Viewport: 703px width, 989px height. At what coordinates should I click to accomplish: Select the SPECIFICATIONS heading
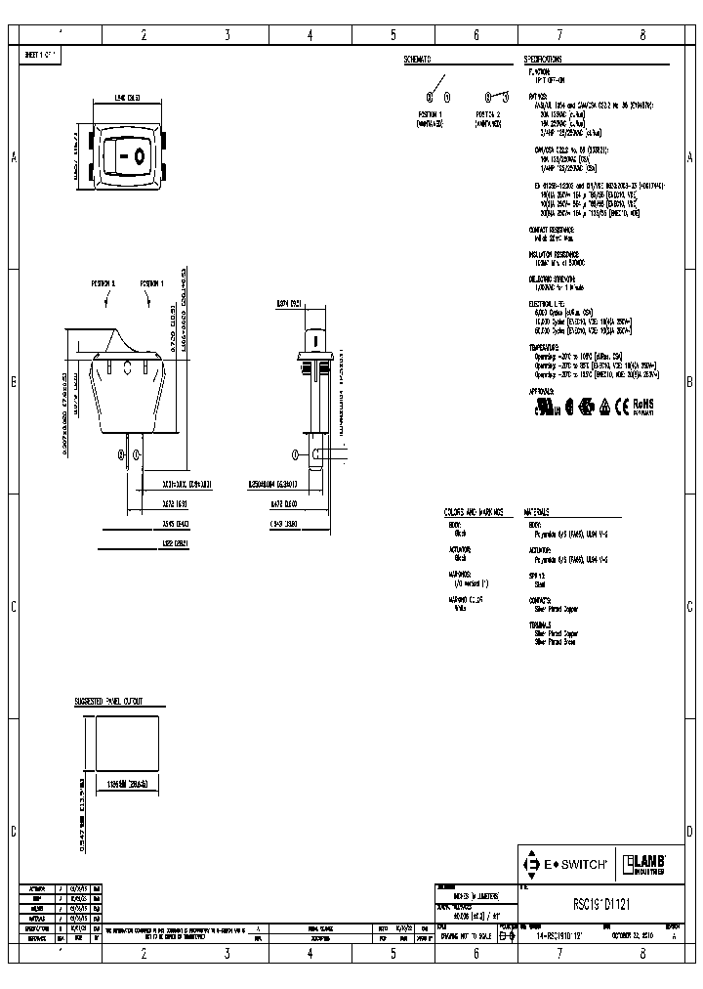click(x=545, y=59)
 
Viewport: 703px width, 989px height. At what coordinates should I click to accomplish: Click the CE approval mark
click(x=621, y=404)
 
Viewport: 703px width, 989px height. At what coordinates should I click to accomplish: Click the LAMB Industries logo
click(x=644, y=863)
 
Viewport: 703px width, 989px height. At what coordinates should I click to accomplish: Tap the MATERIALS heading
click(x=536, y=511)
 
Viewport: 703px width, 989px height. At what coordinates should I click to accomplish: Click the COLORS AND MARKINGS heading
click(x=474, y=511)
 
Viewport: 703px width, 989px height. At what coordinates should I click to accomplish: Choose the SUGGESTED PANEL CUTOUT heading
click(x=108, y=702)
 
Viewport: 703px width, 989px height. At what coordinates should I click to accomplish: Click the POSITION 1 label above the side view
click(x=151, y=282)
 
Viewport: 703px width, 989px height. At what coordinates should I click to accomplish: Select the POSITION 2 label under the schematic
click(x=488, y=114)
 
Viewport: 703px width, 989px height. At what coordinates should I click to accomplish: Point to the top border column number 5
click(x=393, y=34)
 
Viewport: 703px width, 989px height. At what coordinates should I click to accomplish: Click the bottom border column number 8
click(x=642, y=949)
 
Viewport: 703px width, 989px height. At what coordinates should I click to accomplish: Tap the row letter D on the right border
click(x=689, y=832)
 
